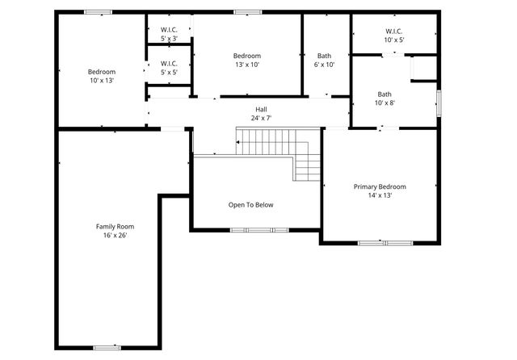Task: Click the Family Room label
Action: pyautogui.click(x=115, y=226)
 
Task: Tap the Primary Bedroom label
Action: pyautogui.click(x=380, y=186)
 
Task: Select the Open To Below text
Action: pyautogui.click(x=250, y=204)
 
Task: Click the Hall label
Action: pyautogui.click(x=261, y=109)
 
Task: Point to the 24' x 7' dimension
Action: pyautogui.click(x=261, y=118)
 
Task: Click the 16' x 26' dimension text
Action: pyautogui.click(x=115, y=236)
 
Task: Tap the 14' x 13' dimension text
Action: pyautogui.click(x=380, y=195)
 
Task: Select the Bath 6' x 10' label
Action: pyautogui.click(x=324, y=61)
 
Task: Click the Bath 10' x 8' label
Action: pyautogui.click(x=384, y=98)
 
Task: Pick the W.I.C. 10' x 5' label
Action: pyautogui.click(x=393, y=35)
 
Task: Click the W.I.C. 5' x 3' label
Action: pyautogui.click(x=169, y=35)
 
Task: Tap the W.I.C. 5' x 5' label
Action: pyautogui.click(x=169, y=68)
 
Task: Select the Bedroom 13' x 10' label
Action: pyautogui.click(x=246, y=61)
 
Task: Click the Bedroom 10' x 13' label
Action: pyautogui.click(x=102, y=76)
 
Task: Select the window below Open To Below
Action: pyautogui.click(x=258, y=230)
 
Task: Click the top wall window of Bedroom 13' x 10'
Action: pyautogui.click(x=247, y=12)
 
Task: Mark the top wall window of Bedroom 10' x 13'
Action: pyautogui.click(x=99, y=12)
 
